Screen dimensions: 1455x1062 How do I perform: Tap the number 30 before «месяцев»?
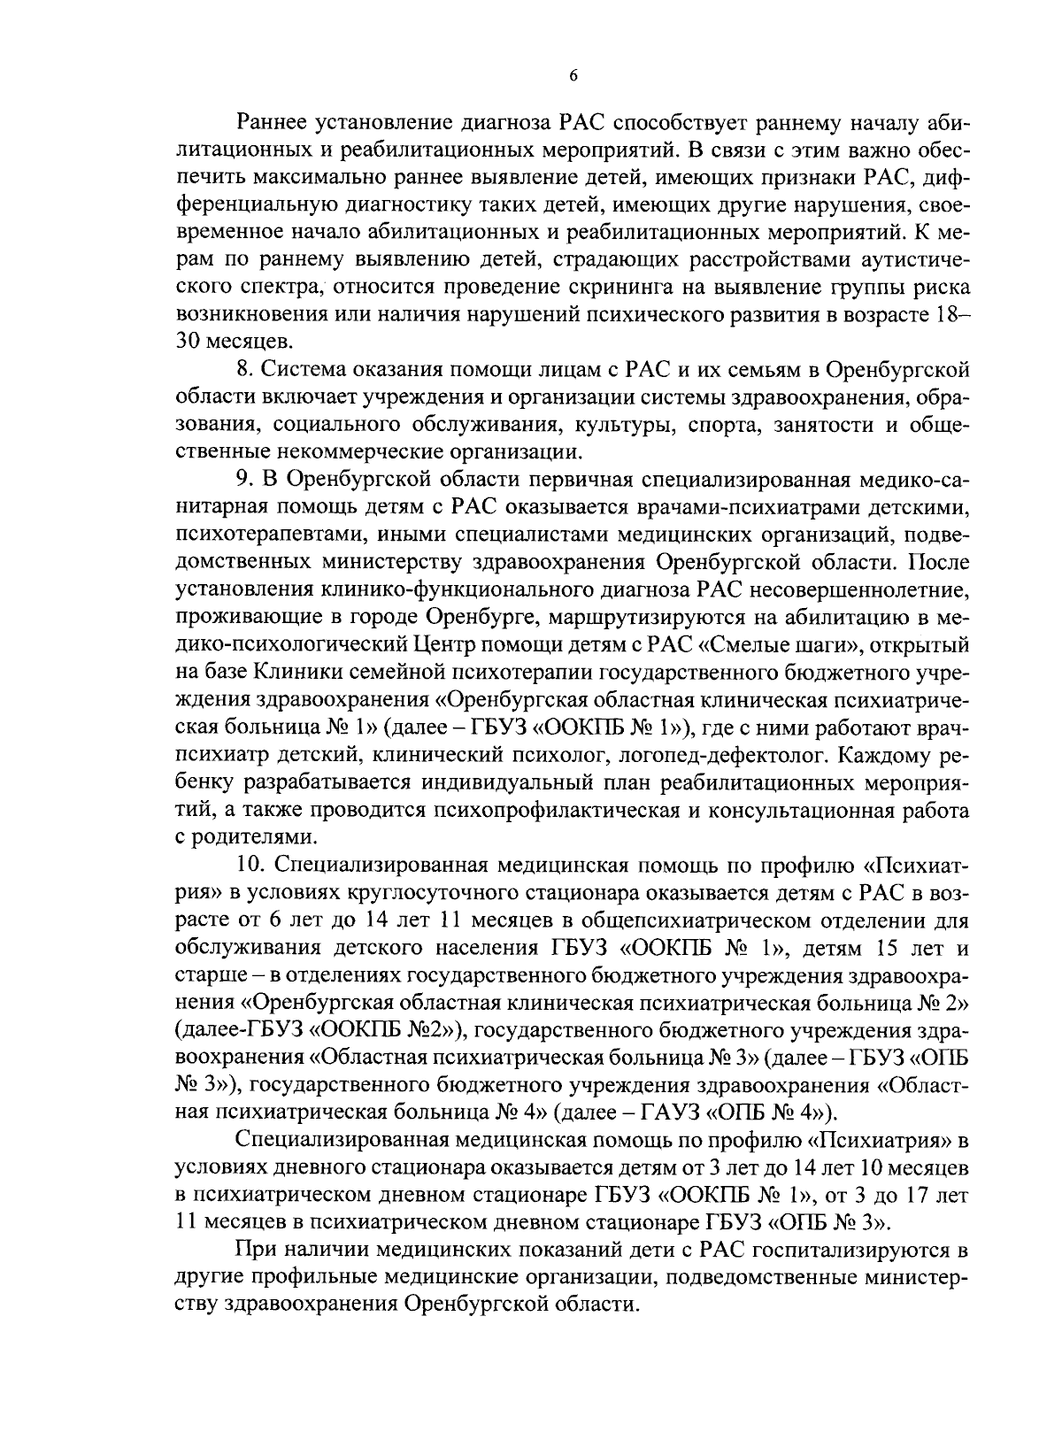[x=191, y=342]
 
